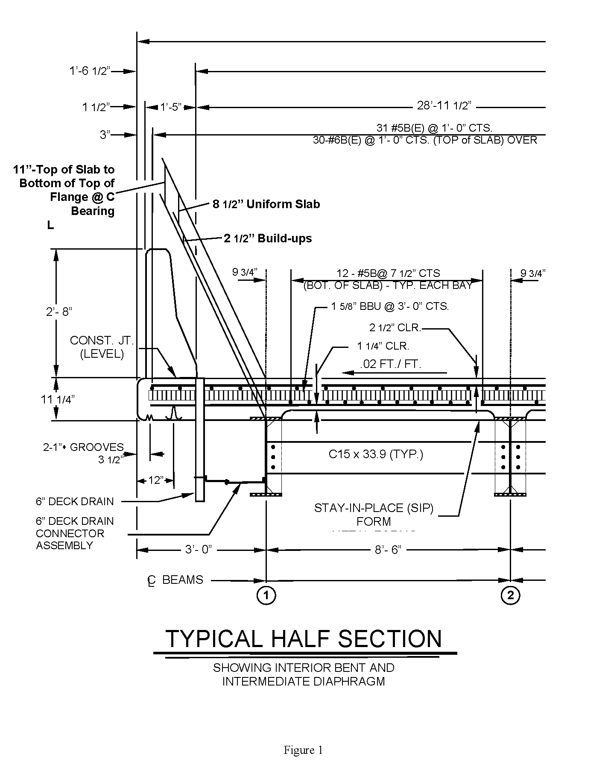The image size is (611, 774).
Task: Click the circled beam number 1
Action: pyautogui.click(x=266, y=595)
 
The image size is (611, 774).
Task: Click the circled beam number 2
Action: pyautogui.click(x=511, y=595)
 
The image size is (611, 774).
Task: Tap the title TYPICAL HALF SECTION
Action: pyautogui.click(x=304, y=639)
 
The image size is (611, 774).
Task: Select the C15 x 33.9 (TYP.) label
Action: pyautogui.click(x=376, y=454)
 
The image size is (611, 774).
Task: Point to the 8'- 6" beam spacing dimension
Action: pyautogui.click(x=388, y=550)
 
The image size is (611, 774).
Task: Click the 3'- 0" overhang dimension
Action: pyautogui.click(x=198, y=550)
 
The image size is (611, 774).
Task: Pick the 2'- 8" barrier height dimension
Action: pyautogui.click(x=59, y=312)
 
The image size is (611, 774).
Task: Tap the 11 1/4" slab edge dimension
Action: pyautogui.click(x=58, y=400)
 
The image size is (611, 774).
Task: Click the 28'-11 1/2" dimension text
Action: pyautogui.click(x=444, y=106)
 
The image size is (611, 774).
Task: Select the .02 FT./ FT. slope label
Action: pyautogui.click(x=390, y=365)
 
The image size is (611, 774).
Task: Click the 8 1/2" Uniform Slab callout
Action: pyautogui.click(x=266, y=204)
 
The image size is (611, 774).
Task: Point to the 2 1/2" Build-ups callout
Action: pyautogui.click(x=268, y=238)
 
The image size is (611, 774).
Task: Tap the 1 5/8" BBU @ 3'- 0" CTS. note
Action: pyautogui.click(x=390, y=306)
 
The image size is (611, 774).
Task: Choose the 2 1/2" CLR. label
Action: pyautogui.click(x=395, y=328)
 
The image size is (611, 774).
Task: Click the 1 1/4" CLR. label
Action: pyautogui.click(x=383, y=346)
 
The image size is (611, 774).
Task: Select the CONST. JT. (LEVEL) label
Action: pyautogui.click(x=102, y=347)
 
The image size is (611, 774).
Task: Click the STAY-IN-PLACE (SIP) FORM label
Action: pyautogui.click(x=374, y=515)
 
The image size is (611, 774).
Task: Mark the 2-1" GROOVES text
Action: pyautogui.click(x=83, y=447)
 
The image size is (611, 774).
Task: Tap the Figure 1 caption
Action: pyautogui.click(x=303, y=750)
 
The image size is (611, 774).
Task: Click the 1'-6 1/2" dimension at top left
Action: pyautogui.click(x=90, y=71)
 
